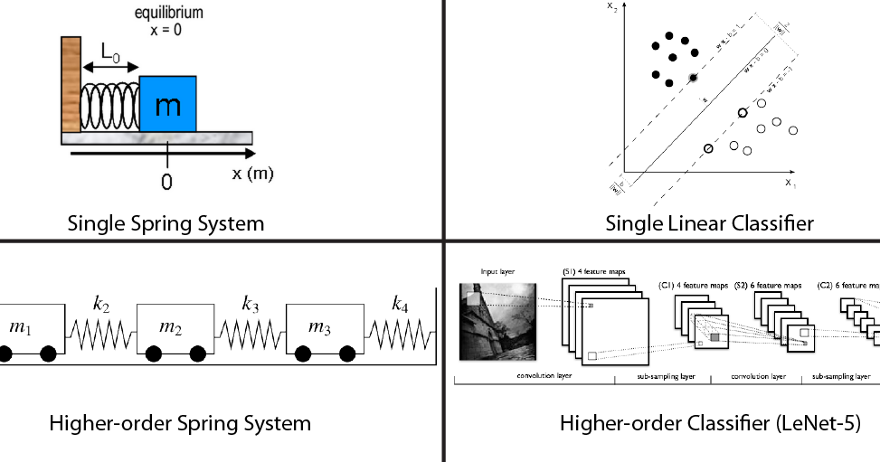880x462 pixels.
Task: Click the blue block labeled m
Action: coord(168,104)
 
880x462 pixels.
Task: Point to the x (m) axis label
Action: coord(252,173)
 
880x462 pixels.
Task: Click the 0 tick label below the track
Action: coord(166,182)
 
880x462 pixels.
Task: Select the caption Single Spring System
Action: coord(166,222)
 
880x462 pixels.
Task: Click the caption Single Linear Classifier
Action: coord(709,222)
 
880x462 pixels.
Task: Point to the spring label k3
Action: coord(251,304)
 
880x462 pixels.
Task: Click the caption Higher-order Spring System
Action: coord(180,422)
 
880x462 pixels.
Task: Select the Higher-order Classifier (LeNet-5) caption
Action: coord(709,422)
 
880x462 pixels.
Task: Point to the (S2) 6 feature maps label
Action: coord(769,286)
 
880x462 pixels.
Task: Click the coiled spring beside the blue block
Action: coord(109,107)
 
